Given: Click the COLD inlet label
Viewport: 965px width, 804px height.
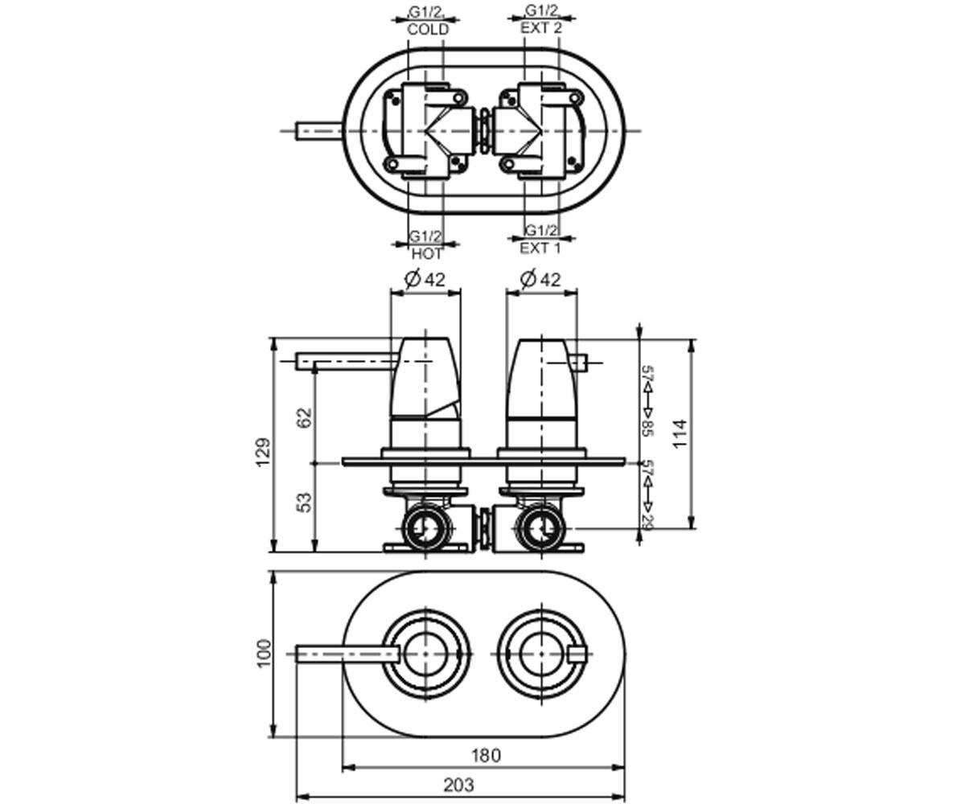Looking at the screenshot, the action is pyautogui.click(x=428, y=30).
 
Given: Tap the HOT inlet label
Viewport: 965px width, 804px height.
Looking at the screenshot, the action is pyautogui.click(x=426, y=253).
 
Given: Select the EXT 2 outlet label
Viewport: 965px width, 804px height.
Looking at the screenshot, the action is pyautogui.click(x=541, y=27).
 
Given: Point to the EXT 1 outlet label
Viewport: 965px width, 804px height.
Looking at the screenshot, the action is pyautogui.click(x=540, y=248).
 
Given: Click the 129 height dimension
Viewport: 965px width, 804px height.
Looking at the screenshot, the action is pyautogui.click(x=264, y=453).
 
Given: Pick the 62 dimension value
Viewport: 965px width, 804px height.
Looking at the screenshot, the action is pyautogui.click(x=305, y=418).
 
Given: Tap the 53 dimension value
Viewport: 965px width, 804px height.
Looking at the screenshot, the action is pyautogui.click(x=305, y=503).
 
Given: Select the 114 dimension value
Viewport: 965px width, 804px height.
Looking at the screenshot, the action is pyautogui.click(x=680, y=433).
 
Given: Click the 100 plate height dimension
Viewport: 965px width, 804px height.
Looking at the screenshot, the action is pyautogui.click(x=264, y=653).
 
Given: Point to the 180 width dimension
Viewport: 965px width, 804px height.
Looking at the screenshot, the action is pyautogui.click(x=486, y=756).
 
